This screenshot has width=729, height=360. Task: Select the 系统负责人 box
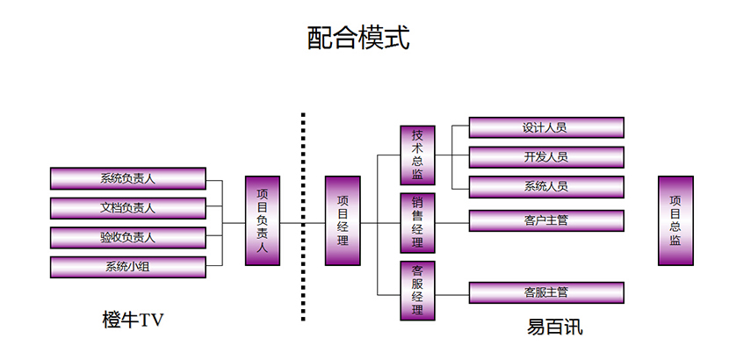coord(128,178)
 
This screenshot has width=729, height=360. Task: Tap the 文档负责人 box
coord(128,208)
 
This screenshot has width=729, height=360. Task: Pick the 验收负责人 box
coord(128,238)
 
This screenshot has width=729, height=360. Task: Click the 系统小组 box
coord(128,268)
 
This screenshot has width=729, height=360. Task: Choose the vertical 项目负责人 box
coord(262,220)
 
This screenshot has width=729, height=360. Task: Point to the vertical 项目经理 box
coord(343,220)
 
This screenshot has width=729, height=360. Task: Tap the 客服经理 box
coord(417,291)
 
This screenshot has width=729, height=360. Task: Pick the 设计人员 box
coord(545,127)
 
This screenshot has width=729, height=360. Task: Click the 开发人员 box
coord(545,157)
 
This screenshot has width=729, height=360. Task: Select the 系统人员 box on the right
coord(545,187)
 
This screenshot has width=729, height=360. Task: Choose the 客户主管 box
coord(545,220)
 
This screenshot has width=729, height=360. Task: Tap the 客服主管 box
coord(545,292)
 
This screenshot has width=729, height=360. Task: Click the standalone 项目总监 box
coord(675,220)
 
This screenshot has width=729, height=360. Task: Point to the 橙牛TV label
coord(133,320)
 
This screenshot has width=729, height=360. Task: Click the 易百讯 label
coord(554,328)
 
